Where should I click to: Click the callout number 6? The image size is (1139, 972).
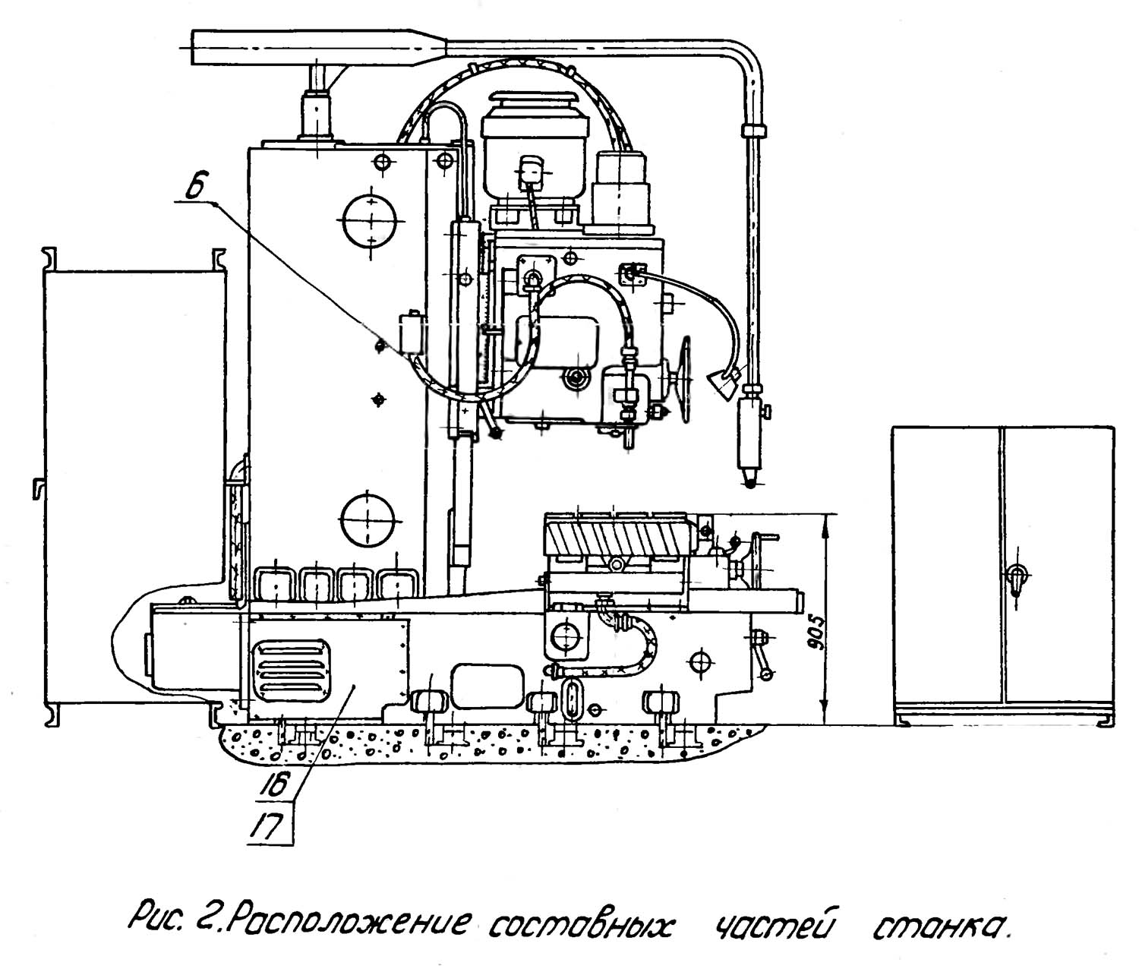[195, 188]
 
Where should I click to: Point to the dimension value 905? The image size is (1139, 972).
[813, 630]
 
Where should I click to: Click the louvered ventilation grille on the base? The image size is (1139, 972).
[293, 671]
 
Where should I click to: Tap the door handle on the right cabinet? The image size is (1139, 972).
[1015, 579]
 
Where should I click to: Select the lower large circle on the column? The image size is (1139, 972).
[368, 520]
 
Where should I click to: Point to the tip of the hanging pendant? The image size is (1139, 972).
[749, 482]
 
